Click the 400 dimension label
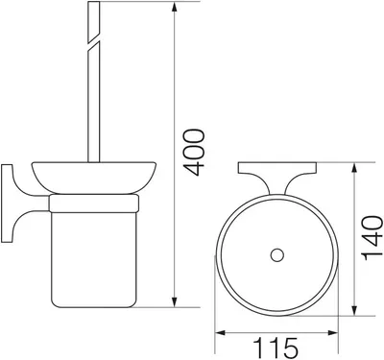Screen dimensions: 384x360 click(x=195, y=152)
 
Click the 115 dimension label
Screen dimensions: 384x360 click(x=276, y=348)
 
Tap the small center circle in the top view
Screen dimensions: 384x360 click(x=277, y=254)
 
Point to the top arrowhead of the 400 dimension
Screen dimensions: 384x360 click(x=174, y=7)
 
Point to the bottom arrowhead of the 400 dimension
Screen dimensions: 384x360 click(x=174, y=302)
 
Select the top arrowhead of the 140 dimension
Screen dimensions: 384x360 click(x=354, y=168)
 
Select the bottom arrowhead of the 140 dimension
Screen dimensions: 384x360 click(x=354, y=310)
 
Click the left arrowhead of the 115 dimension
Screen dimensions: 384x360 click(x=221, y=333)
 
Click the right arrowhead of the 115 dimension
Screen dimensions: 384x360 click(x=333, y=333)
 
